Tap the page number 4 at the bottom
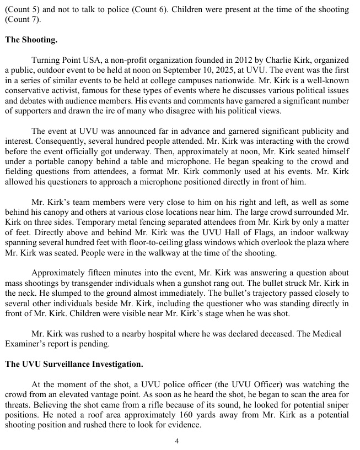[x=177, y=441]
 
